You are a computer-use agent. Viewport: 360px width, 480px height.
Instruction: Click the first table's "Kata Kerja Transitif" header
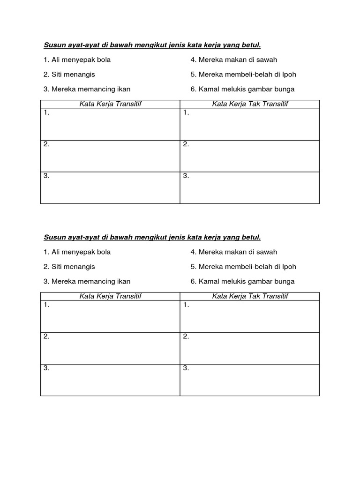110,104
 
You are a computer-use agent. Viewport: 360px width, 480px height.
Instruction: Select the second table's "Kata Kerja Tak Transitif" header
250,296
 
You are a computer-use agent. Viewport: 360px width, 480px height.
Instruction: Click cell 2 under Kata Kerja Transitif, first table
110,156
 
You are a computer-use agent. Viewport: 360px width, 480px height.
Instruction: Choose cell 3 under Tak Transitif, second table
250,380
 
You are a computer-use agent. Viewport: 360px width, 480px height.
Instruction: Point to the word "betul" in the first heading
251,45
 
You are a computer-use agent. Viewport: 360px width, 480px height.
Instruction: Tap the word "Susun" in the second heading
54,237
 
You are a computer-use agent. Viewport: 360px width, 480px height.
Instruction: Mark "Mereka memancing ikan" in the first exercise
90,89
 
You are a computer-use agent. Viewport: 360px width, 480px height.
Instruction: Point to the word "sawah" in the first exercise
268,60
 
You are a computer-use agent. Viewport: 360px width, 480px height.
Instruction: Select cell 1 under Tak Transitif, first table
250,124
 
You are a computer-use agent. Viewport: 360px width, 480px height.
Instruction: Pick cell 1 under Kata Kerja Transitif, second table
110,316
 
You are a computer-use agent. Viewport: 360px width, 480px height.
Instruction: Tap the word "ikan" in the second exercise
124,282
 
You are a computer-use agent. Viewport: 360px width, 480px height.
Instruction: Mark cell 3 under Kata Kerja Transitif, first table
110,188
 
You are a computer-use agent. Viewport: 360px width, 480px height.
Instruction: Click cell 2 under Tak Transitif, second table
250,348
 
